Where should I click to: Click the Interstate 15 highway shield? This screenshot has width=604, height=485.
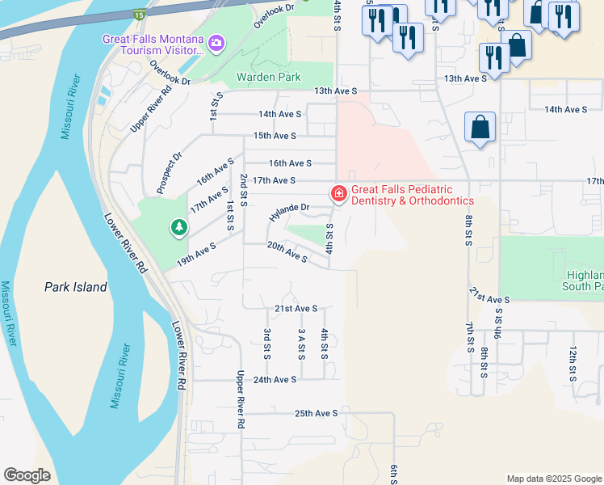[140, 15]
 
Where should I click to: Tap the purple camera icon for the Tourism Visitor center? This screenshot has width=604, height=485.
[216, 42]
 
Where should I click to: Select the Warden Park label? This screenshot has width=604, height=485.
[268, 78]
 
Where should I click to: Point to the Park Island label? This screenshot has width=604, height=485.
[75, 287]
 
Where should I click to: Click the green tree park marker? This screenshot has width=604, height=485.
[178, 229]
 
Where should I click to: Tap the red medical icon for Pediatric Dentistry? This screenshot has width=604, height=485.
[338, 193]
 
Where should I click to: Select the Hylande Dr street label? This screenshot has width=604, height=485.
[290, 213]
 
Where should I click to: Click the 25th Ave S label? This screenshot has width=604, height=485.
[316, 413]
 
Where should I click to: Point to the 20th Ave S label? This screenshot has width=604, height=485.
[287, 253]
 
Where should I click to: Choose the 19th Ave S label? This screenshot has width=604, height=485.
[196, 255]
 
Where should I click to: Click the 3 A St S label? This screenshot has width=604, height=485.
[301, 344]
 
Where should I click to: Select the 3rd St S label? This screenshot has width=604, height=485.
[266, 344]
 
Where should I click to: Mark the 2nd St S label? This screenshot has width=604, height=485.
[243, 187]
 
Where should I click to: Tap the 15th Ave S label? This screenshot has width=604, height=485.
[275, 136]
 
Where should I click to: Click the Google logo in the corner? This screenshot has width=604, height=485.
[27, 475]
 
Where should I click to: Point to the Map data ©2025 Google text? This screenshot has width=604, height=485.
[553, 479]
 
